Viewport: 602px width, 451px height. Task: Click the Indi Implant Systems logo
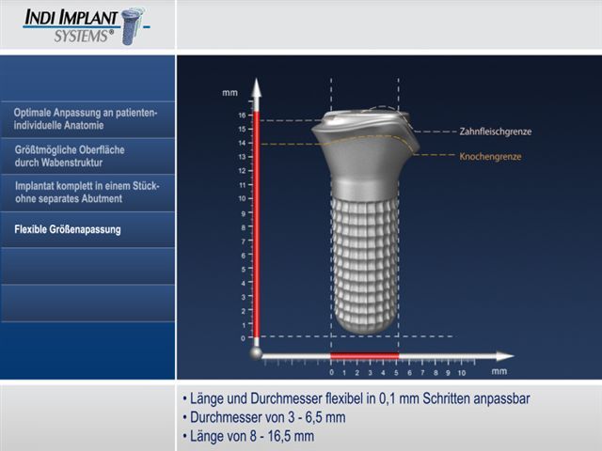[87, 26]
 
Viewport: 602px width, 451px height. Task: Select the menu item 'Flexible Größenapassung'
[68, 229]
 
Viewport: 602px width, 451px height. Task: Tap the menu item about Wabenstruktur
[70, 156]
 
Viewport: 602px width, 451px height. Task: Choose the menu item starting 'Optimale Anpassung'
[86, 119]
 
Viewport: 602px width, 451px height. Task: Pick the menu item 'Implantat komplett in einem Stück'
[87, 192]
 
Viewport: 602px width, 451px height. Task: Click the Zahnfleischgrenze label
[496, 132]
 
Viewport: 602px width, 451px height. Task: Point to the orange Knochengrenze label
[490, 157]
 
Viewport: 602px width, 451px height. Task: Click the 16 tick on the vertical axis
[243, 115]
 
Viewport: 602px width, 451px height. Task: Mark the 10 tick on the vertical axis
[243, 198]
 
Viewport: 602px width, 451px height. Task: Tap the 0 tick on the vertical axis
[243, 338]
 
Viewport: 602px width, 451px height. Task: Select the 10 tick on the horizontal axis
[462, 372]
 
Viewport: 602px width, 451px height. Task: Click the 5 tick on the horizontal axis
[396, 372]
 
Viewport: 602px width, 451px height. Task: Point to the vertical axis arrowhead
[257, 87]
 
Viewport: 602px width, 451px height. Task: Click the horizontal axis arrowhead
[504, 356]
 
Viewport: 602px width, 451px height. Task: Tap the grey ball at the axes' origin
[256, 353]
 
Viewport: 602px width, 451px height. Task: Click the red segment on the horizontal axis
[365, 356]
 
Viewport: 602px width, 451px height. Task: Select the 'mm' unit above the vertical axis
[230, 93]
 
